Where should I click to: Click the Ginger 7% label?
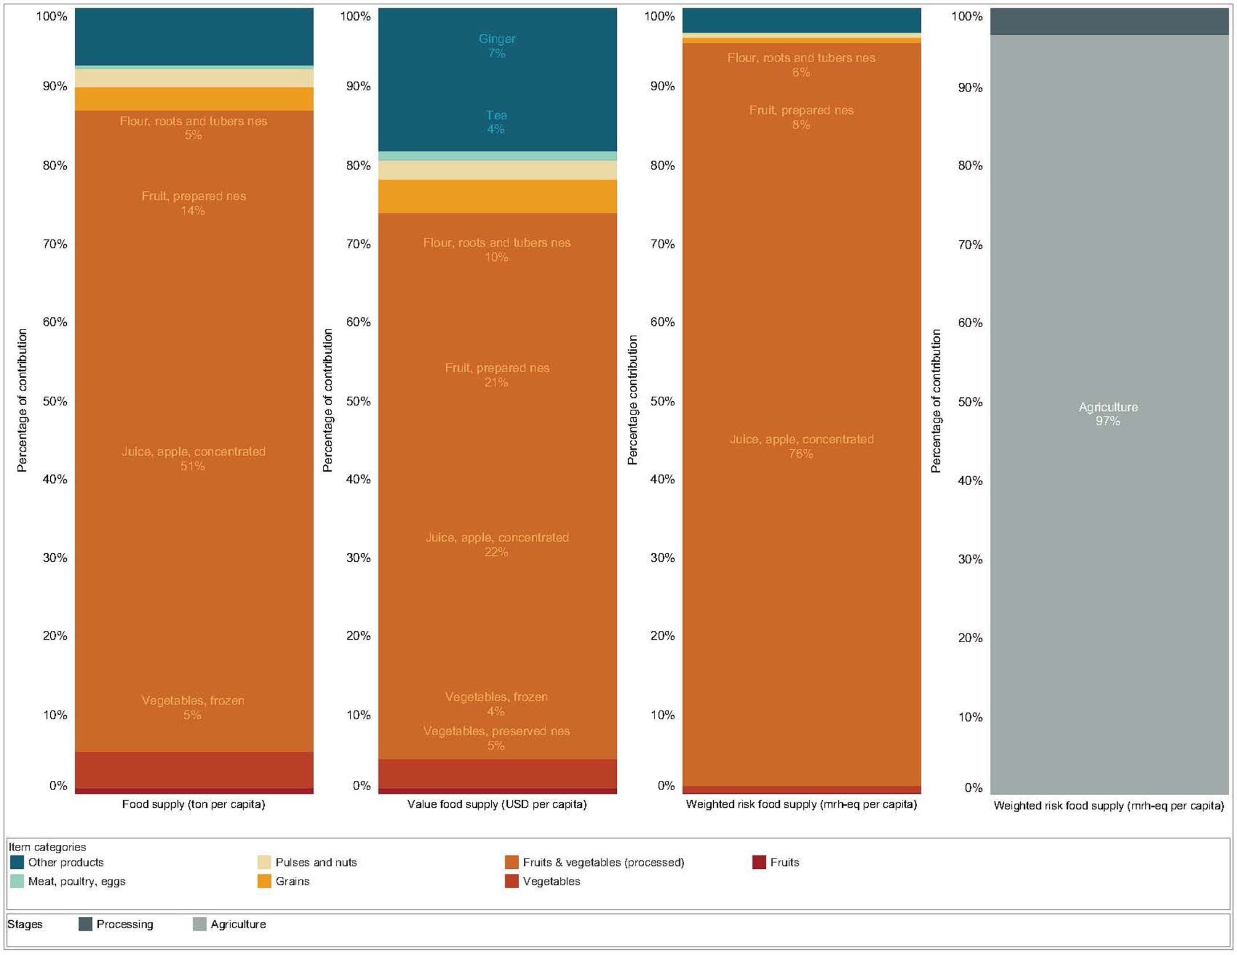(x=496, y=46)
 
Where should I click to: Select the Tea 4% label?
(x=496, y=122)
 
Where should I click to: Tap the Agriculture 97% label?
(x=1107, y=414)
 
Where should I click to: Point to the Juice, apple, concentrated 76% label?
(x=801, y=446)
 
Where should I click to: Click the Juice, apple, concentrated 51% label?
(x=193, y=458)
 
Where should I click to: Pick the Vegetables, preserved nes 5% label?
(x=496, y=738)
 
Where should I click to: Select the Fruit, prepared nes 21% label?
(x=496, y=375)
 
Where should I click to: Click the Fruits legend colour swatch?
(x=759, y=862)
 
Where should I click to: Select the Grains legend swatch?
(x=264, y=881)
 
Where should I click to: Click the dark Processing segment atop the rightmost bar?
(x=1109, y=21)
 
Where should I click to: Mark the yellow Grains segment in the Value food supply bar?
(x=497, y=196)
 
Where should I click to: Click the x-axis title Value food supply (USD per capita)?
(x=496, y=804)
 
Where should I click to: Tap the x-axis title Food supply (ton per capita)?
(x=193, y=804)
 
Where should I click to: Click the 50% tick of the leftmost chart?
(x=55, y=401)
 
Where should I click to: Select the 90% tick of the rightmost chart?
(x=970, y=87)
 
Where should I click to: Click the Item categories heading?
(x=47, y=847)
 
